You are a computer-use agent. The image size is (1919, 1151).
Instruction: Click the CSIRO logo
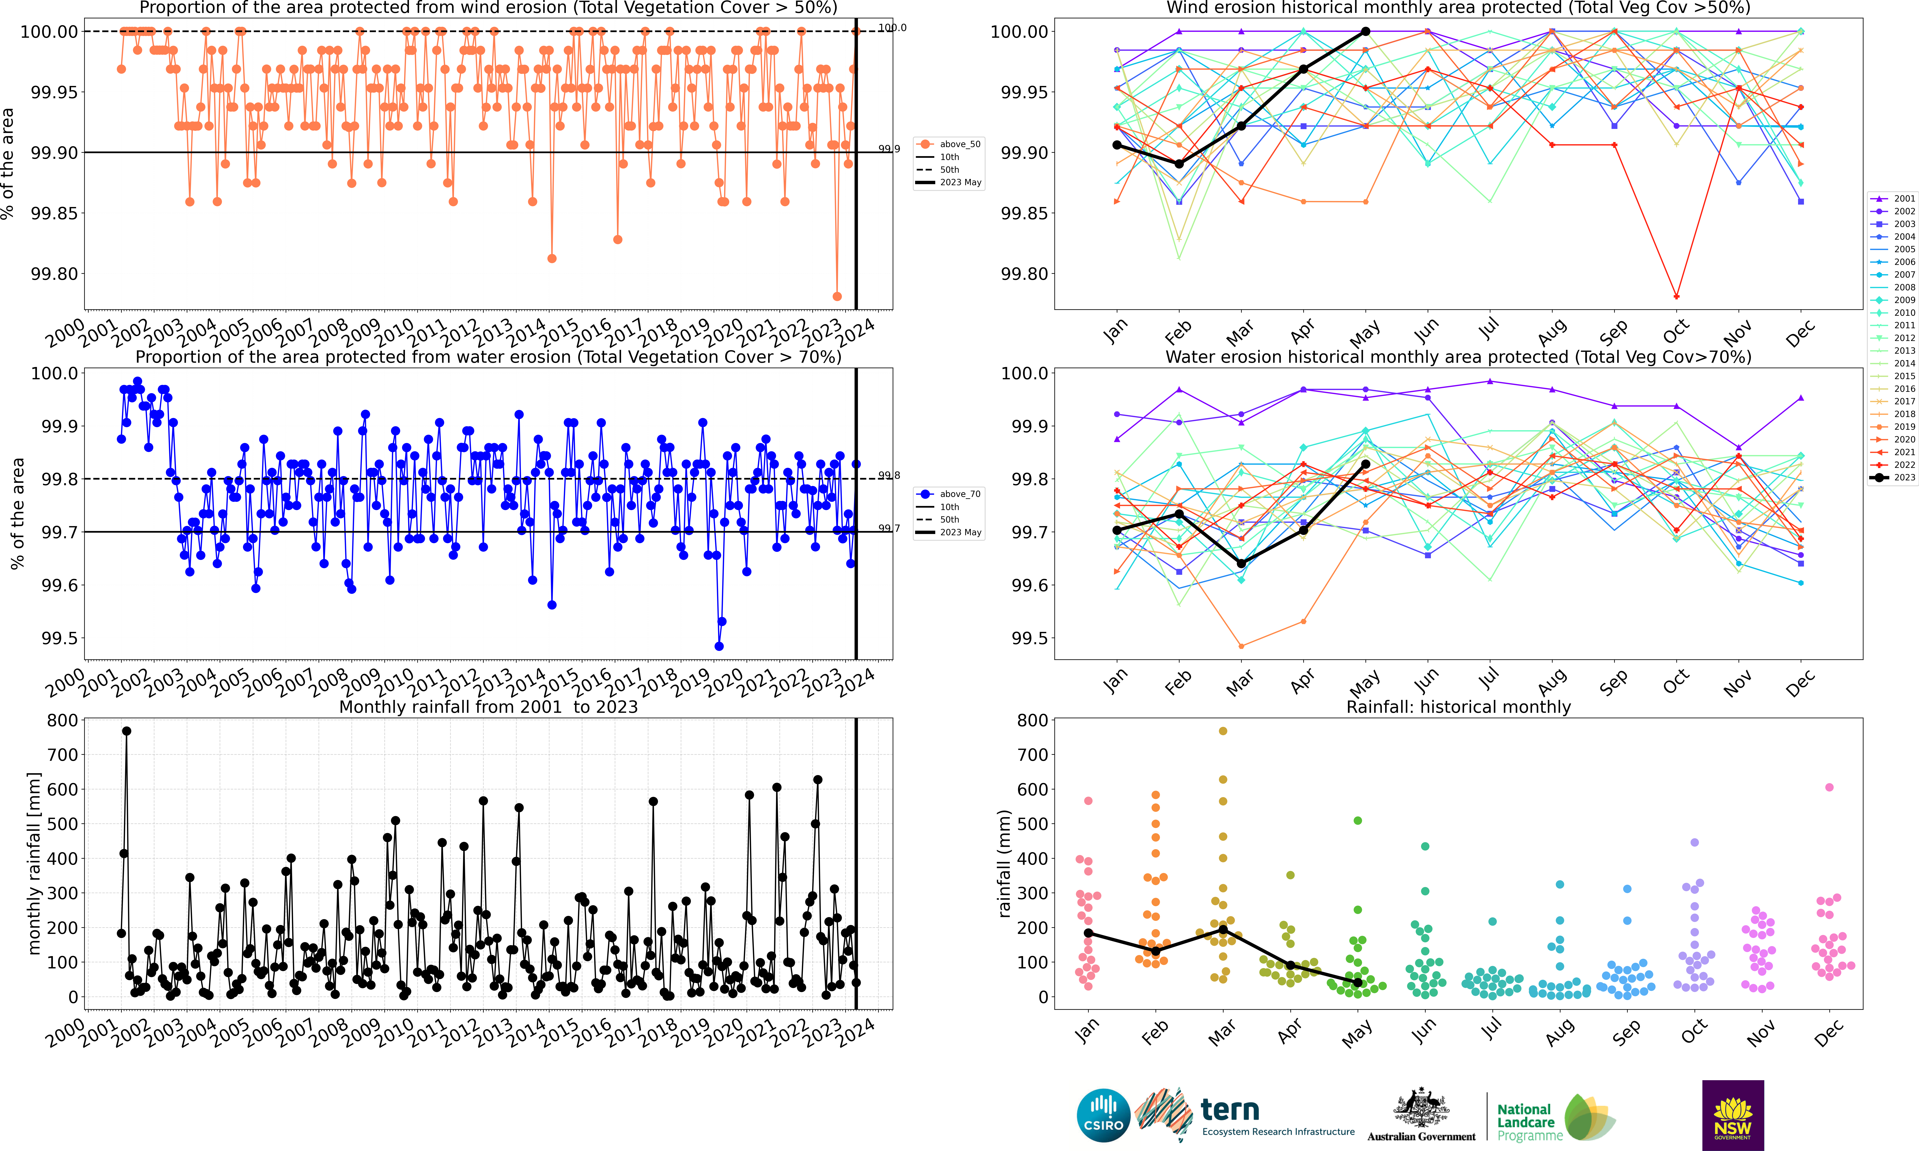pos(1103,1115)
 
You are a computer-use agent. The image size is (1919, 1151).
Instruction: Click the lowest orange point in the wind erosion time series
pos(837,296)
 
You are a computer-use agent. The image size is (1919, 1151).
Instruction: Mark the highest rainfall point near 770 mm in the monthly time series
pos(127,731)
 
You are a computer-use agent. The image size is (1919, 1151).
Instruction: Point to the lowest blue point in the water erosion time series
pos(718,646)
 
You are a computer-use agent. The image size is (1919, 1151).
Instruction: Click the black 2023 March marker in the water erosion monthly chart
pos(1241,564)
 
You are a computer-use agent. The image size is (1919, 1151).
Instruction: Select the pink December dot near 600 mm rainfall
pos(1829,787)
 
